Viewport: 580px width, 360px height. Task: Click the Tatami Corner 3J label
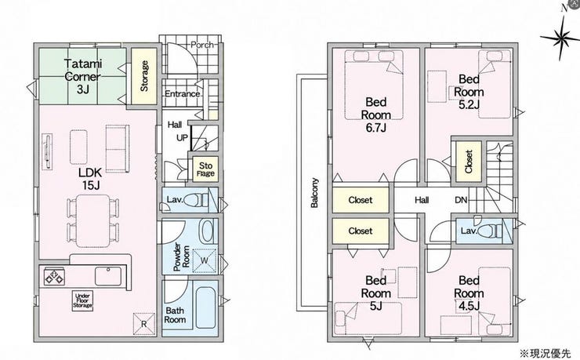tap(83, 76)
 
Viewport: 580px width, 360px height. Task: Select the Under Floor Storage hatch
tap(82, 300)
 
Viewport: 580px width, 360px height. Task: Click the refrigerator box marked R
tap(144, 324)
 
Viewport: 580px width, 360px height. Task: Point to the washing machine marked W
tap(205, 260)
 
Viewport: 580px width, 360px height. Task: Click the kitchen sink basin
tap(107, 276)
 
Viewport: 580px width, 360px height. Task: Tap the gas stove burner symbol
tap(55, 276)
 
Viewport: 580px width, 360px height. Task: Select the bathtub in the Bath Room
tap(205, 307)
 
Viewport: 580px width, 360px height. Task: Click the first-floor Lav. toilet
tap(196, 200)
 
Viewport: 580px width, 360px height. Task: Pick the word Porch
tap(202, 45)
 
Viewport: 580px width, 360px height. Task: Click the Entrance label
tap(183, 93)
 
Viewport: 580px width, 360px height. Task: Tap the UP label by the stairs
tap(182, 137)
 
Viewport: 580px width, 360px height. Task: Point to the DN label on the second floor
tap(461, 200)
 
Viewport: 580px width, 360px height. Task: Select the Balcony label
tap(314, 193)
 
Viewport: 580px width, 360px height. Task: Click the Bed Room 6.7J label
tap(375, 115)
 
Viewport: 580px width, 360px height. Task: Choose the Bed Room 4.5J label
tap(469, 293)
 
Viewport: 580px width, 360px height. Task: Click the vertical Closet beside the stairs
tap(469, 162)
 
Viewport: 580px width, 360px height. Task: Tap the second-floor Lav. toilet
tap(489, 231)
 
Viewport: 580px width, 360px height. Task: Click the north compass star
tap(560, 37)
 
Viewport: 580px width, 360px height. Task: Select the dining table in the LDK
tap(93, 221)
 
